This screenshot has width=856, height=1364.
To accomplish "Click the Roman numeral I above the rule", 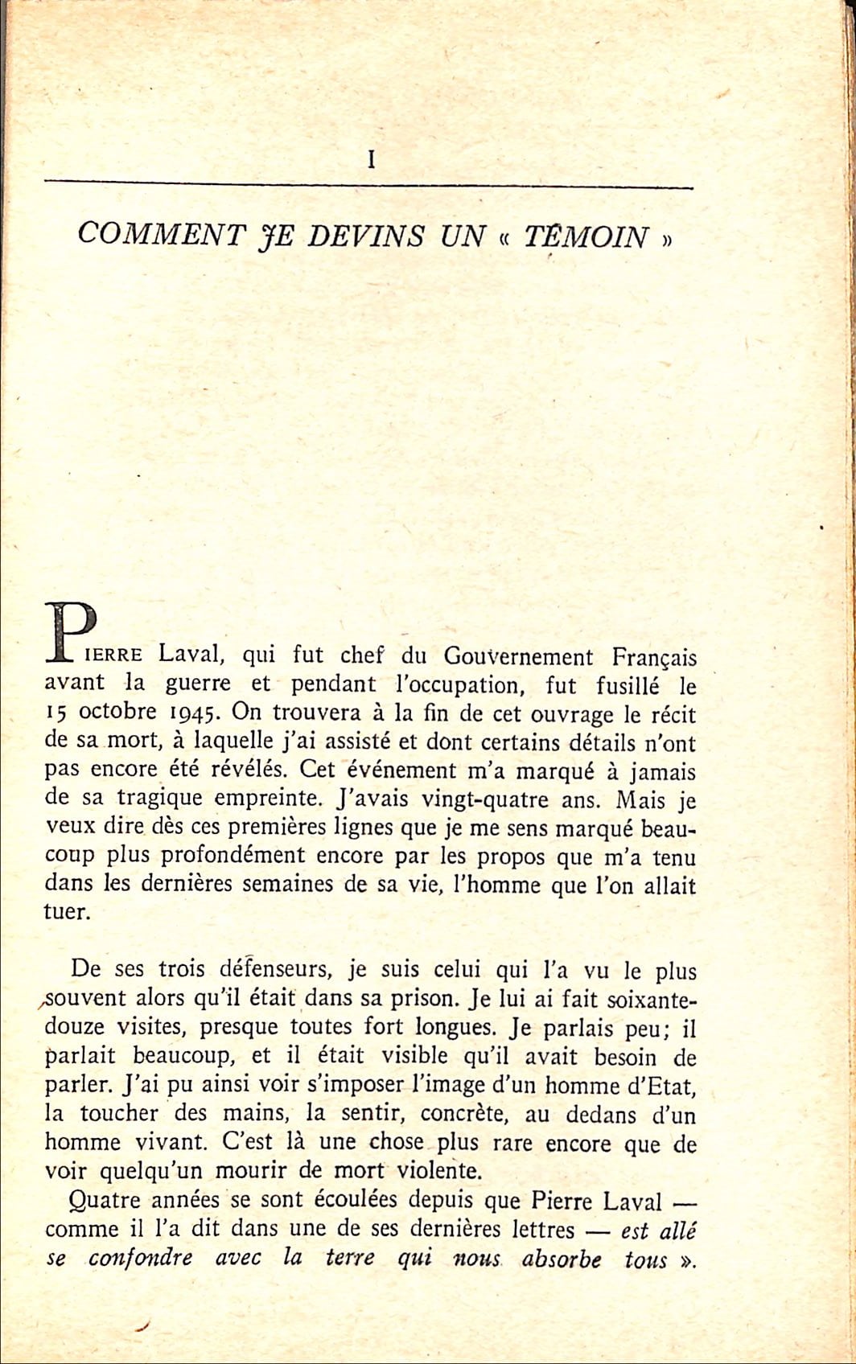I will pyautogui.click(x=371, y=160).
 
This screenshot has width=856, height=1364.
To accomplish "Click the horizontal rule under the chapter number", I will pyautogui.click(x=368, y=184).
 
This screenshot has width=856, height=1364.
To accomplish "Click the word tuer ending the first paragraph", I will pyautogui.click(x=64, y=913).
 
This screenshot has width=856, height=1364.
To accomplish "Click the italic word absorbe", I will pyautogui.click(x=561, y=1259).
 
